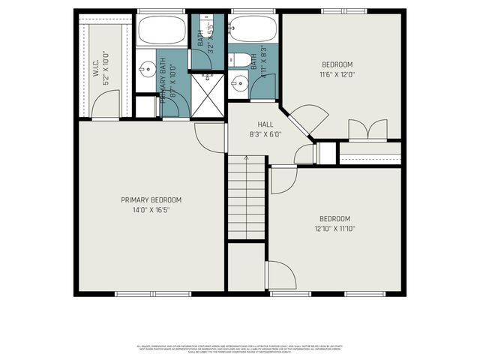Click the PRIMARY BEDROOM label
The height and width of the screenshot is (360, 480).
[151, 199]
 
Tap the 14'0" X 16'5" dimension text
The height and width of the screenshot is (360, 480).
[151, 209]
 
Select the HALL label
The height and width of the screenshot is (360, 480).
[265, 125]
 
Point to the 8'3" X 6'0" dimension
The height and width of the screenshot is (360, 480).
[265, 135]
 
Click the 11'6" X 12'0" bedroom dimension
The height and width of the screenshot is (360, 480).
[337, 75]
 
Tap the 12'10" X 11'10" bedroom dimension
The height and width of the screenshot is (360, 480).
[335, 228]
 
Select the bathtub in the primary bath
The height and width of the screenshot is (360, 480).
[160, 31]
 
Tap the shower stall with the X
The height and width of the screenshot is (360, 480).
[208, 94]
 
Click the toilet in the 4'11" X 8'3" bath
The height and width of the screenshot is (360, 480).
[242, 58]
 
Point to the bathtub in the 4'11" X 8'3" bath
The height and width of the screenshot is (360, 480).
[253, 30]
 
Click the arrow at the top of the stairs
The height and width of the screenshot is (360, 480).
[247, 160]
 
